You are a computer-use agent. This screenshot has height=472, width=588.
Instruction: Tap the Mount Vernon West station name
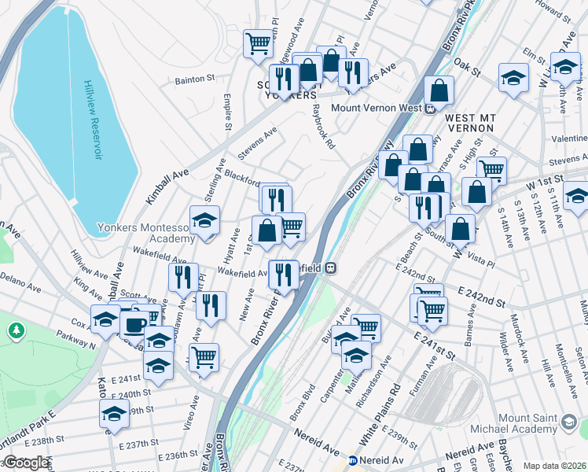377,108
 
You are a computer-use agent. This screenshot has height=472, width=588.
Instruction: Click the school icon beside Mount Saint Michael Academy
571,423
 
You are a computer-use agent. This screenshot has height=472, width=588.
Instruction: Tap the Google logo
26,463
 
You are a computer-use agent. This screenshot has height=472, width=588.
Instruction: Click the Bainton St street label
195,79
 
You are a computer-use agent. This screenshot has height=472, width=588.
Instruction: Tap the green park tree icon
15,330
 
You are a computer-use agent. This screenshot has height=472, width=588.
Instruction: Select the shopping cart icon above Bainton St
257,42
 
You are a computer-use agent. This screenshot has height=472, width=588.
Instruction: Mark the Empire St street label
227,112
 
